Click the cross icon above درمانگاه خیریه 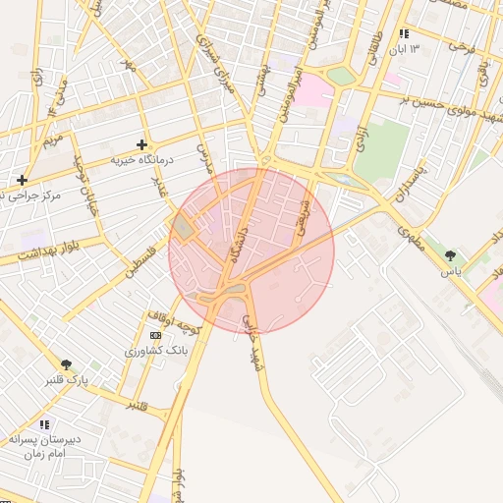point(141,144)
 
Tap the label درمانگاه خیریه point(141,159)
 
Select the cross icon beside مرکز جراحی point(22,180)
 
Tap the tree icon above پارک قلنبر point(67,364)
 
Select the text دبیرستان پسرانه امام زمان point(43,447)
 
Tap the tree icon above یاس point(451,254)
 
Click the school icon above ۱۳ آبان point(404,33)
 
